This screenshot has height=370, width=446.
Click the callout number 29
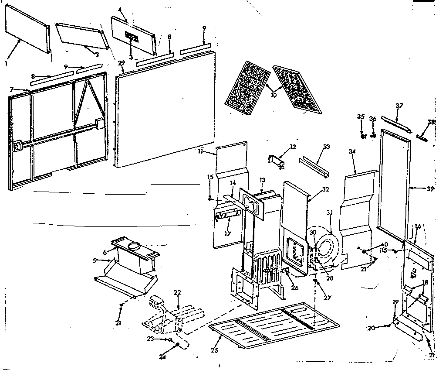click(x=121, y=64)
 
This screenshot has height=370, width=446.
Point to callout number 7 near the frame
click(x=12, y=89)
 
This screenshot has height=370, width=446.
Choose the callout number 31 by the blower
click(x=329, y=212)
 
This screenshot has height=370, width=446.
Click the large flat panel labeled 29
click(x=166, y=109)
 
